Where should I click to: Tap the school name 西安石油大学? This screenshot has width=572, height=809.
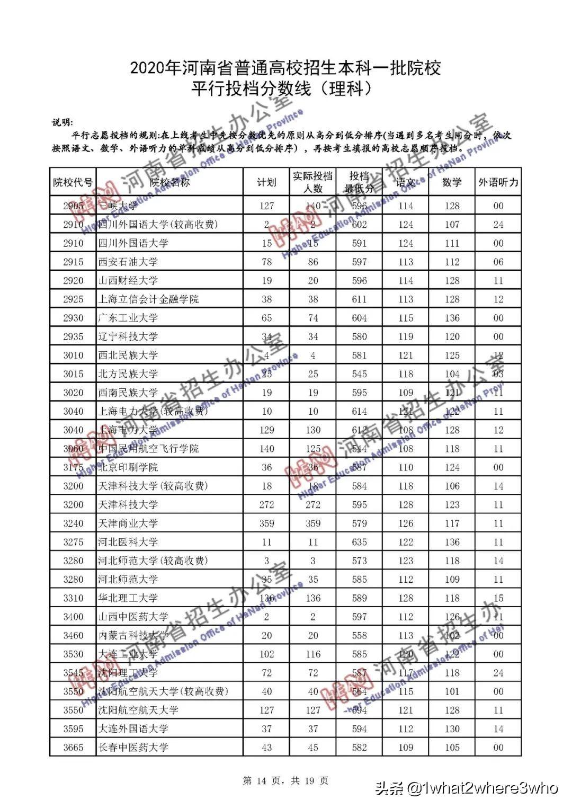click(128, 262)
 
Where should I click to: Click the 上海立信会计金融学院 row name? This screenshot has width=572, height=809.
click(148, 299)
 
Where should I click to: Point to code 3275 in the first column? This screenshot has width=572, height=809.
click(73, 542)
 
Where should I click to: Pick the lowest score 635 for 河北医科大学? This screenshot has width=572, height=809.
click(359, 542)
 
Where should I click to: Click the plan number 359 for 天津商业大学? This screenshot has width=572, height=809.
click(266, 523)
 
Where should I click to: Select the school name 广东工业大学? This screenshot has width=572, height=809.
click(128, 318)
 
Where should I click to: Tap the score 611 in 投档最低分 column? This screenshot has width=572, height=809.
click(359, 299)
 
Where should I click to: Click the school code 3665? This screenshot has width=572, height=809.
click(73, 748)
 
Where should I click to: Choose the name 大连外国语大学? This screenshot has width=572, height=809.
click(133, 729)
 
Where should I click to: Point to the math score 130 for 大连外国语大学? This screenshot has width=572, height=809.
click(452, 729)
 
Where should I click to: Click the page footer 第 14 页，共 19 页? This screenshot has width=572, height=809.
click(285, 781)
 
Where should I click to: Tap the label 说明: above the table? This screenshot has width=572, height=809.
click(62, 122)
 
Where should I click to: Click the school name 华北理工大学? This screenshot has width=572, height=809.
click(128, 598)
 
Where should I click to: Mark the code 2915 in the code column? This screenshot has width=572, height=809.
click(73, 262)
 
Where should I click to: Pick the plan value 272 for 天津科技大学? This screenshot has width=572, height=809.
click(266, 505)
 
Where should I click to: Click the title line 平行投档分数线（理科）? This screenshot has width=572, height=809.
click(281, 88)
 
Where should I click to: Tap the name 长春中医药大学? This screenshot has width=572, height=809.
click(133, 748)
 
